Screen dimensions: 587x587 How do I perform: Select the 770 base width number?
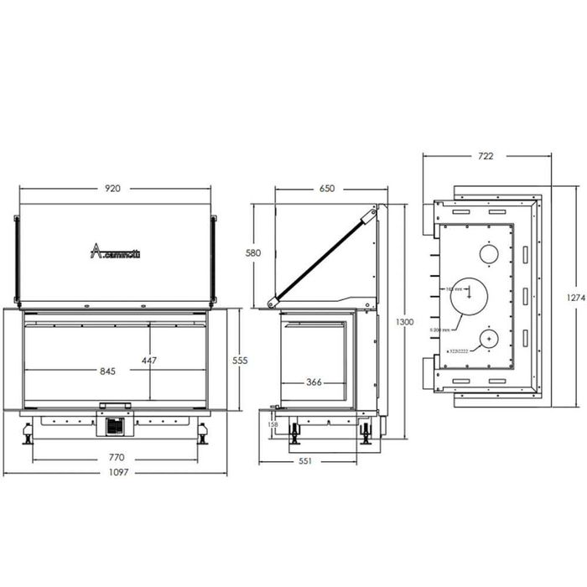click(x=117, y=458)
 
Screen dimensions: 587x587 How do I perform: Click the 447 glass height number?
click(x=150, y=361)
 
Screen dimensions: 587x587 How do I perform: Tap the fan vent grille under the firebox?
click(x=115, y=426)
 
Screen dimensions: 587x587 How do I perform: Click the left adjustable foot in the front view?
click(x=28, y=435)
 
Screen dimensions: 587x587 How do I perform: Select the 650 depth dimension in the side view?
click(x=327, y=189)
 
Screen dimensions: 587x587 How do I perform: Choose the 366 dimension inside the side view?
click(x=314, y=382)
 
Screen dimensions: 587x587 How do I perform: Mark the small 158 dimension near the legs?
click(x=272, y=424)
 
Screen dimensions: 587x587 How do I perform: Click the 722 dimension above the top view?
click(x=486, y=156)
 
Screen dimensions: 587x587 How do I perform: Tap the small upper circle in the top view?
click(x=488, y=252)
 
